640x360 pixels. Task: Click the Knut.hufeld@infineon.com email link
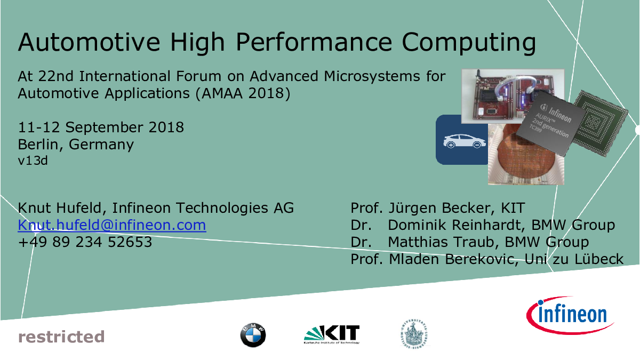pyautogui.click(x=111, y=225)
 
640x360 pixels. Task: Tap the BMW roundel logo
pyautogui.click(x=253, y=335)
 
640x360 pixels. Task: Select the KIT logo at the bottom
pyautogui.click(x=332, y=334)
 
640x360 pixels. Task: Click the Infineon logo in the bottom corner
pyautogui.click(x=570, y=315)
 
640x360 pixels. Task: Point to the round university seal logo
pyautogui.click(x=414, y=334)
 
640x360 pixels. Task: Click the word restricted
pyautogui.click(x=61, y=337)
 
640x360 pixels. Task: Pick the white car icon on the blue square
pyautogui.click(x=465, y=141)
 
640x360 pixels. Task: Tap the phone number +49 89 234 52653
pyautogui.click(x=85, y=242)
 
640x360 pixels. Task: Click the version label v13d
pyautogui.click(x=33, y=161)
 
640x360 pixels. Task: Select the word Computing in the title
pyautogui.click(x=469, y=43)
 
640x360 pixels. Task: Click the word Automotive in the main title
pyautogui.click(x=89, y=42)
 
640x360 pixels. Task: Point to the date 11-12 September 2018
pyautogui.click(x=101, y=127)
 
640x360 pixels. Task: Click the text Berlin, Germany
pyautogui.click(x=76, y=145)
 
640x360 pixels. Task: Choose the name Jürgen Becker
pyautogui.click(x=441, y=208)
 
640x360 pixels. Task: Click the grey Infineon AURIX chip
pyautogui.click(x=550, y=123)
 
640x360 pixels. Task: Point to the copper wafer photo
pyautogui.click(x=526, y=154)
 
